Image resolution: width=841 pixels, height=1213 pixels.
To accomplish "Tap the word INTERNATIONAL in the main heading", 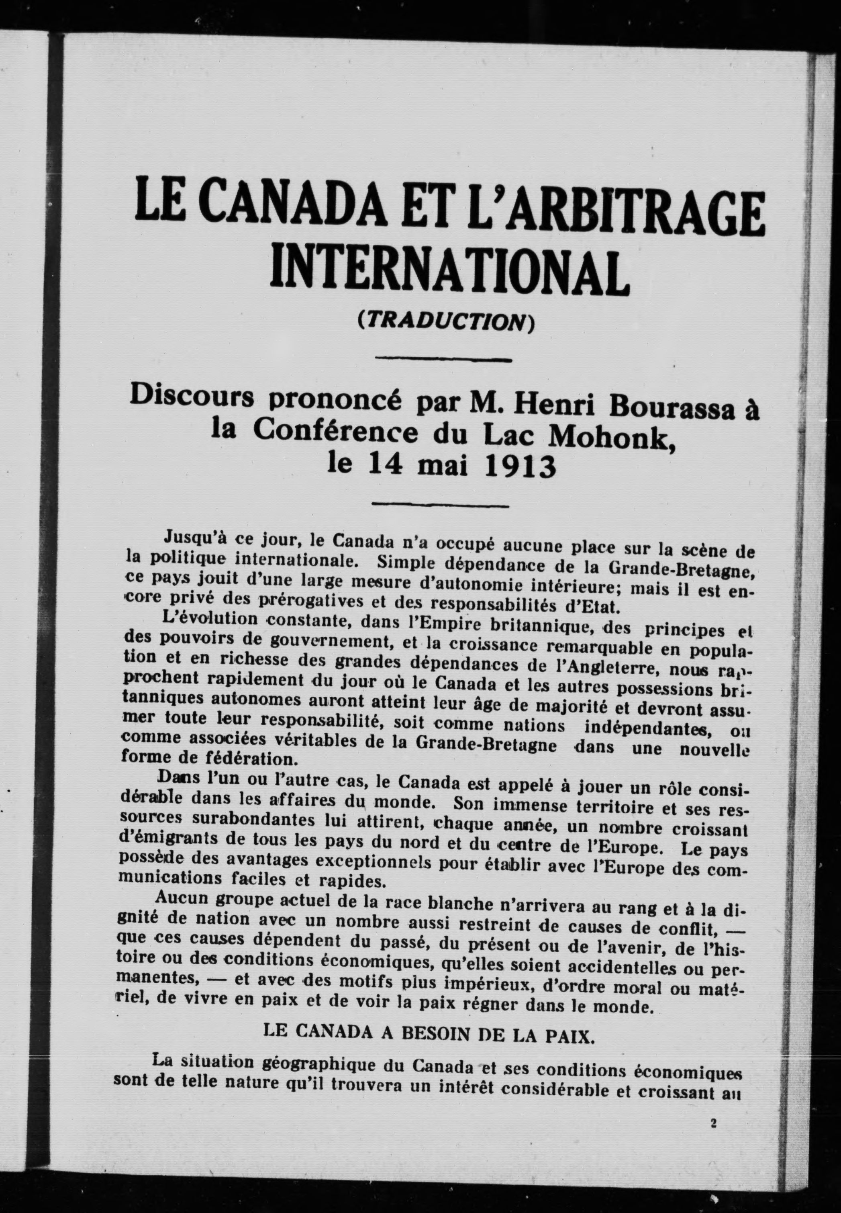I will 449,274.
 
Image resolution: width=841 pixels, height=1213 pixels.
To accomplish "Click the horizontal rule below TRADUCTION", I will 444,360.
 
